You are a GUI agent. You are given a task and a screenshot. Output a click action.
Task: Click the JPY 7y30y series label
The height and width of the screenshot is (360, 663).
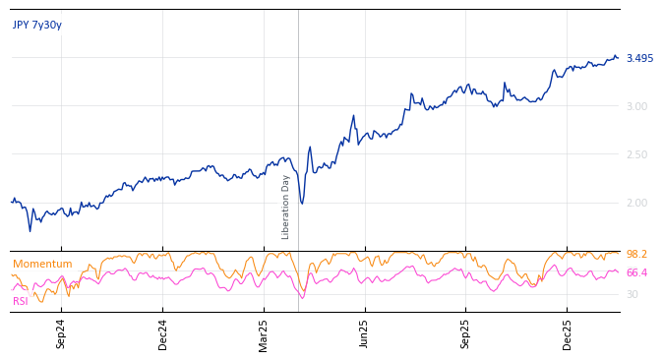coord(37,26)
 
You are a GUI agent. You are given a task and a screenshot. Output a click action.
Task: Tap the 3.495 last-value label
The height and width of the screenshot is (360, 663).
coord(639,59)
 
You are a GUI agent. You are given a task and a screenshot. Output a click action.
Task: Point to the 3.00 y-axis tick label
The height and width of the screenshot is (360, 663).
coord(636,107)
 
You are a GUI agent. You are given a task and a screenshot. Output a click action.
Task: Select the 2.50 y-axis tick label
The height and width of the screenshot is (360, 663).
coord(636,155)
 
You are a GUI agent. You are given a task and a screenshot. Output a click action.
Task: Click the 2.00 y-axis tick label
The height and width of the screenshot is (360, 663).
coord(636,204)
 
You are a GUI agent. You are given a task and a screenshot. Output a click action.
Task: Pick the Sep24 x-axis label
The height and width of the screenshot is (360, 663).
coord(61,333)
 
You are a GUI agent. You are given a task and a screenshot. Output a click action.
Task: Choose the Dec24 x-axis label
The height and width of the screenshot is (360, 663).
coord(163,333)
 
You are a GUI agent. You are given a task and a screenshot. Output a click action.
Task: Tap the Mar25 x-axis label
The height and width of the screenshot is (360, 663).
coord(264,333)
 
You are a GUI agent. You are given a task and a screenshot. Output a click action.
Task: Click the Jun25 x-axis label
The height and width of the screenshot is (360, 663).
coord(364,333)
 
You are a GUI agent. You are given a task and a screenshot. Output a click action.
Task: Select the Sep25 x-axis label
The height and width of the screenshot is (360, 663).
coord(465,333)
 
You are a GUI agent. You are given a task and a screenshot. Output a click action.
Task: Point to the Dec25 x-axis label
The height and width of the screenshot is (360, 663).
coord(567,333)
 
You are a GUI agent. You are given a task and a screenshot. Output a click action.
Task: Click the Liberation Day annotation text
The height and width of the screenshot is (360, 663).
coord(286,207)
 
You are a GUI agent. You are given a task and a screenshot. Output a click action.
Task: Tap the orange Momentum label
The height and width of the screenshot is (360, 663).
coord(42,265)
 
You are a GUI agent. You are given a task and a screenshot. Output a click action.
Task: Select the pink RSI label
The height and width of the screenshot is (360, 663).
coord(21,302)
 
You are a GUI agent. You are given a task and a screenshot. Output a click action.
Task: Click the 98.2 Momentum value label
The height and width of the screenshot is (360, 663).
coord(636,255)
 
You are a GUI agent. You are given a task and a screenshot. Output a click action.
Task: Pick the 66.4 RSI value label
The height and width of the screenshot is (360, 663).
coord(636,273)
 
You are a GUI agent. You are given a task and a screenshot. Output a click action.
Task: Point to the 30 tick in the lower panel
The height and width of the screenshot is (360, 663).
coord(632,295)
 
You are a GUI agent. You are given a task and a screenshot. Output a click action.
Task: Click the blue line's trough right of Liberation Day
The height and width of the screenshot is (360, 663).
coord(302,204)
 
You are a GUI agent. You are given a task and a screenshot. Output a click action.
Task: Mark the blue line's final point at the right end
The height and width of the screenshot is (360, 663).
coord(618,58)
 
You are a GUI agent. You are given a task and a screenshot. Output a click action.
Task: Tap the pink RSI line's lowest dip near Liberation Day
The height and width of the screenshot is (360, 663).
coord(302,297)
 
